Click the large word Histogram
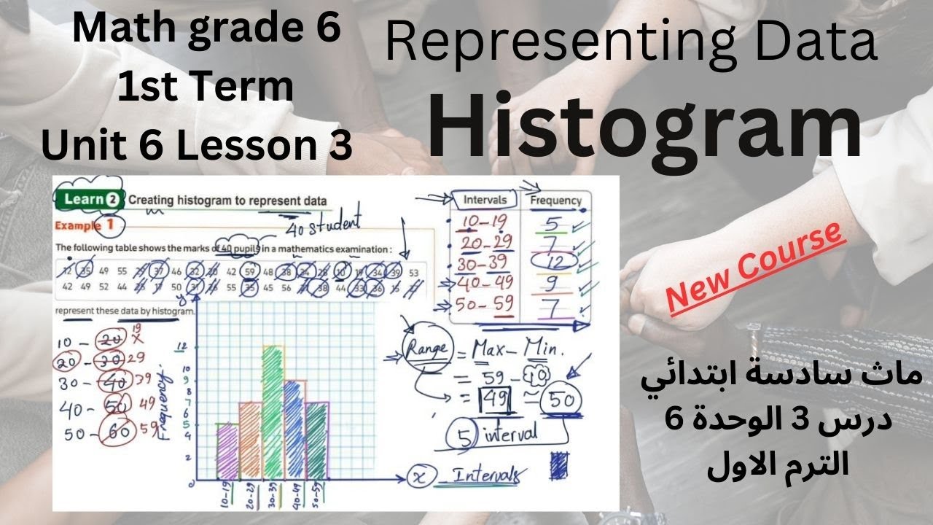point(644,128)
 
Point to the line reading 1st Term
point(206,86)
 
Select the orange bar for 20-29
point(250,440)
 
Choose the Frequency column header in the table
point(555,201)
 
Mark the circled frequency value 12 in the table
point(555,260)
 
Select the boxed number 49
point(493,399)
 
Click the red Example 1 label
point(85,225)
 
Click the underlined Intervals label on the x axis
point(487,476)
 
